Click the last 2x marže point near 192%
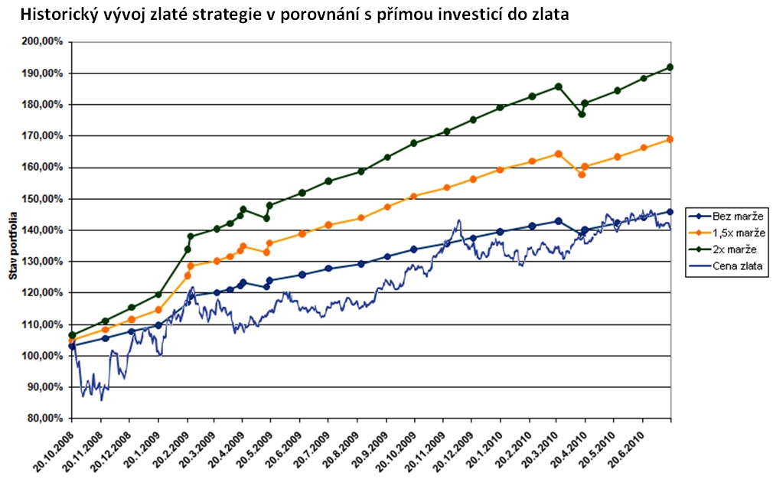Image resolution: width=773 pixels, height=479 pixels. pyautogui.click(x=671, y=67)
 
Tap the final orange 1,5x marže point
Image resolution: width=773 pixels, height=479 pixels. pyautogui.click(x=671, y=139)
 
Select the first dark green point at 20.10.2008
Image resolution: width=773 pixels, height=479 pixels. pyautogui.click(x=72, y=335)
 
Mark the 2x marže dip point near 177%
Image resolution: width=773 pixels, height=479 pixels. pyautogui.click(x=582, y=114)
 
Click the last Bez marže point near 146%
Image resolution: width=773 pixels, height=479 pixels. pyautogui.click(x=671, y=211)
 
